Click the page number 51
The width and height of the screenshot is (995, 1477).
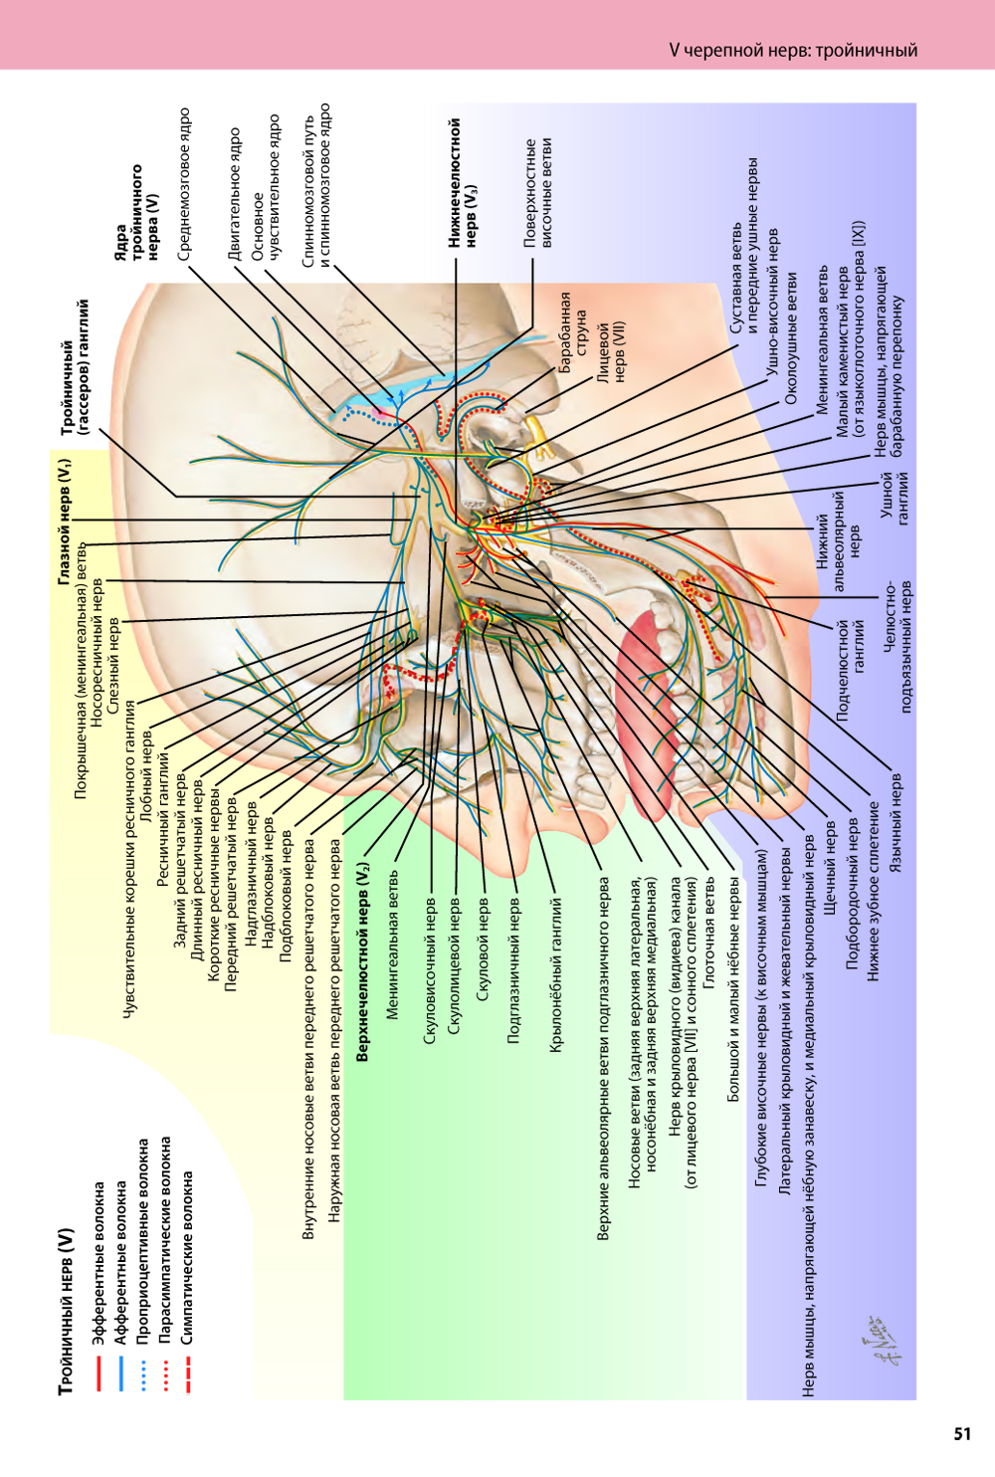(x=962, y=1433)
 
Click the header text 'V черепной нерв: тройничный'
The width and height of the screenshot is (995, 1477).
(x=793, y=50)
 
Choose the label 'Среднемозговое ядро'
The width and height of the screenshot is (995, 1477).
(x=184, y=184)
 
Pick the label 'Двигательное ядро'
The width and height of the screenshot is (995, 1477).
(x=235, y=194)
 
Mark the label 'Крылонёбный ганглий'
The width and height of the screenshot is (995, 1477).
(x=556, y=975)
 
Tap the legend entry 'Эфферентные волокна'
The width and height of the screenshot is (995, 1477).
(x=99, y=1263)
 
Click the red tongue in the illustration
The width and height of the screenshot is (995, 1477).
(x=647, y=697)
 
